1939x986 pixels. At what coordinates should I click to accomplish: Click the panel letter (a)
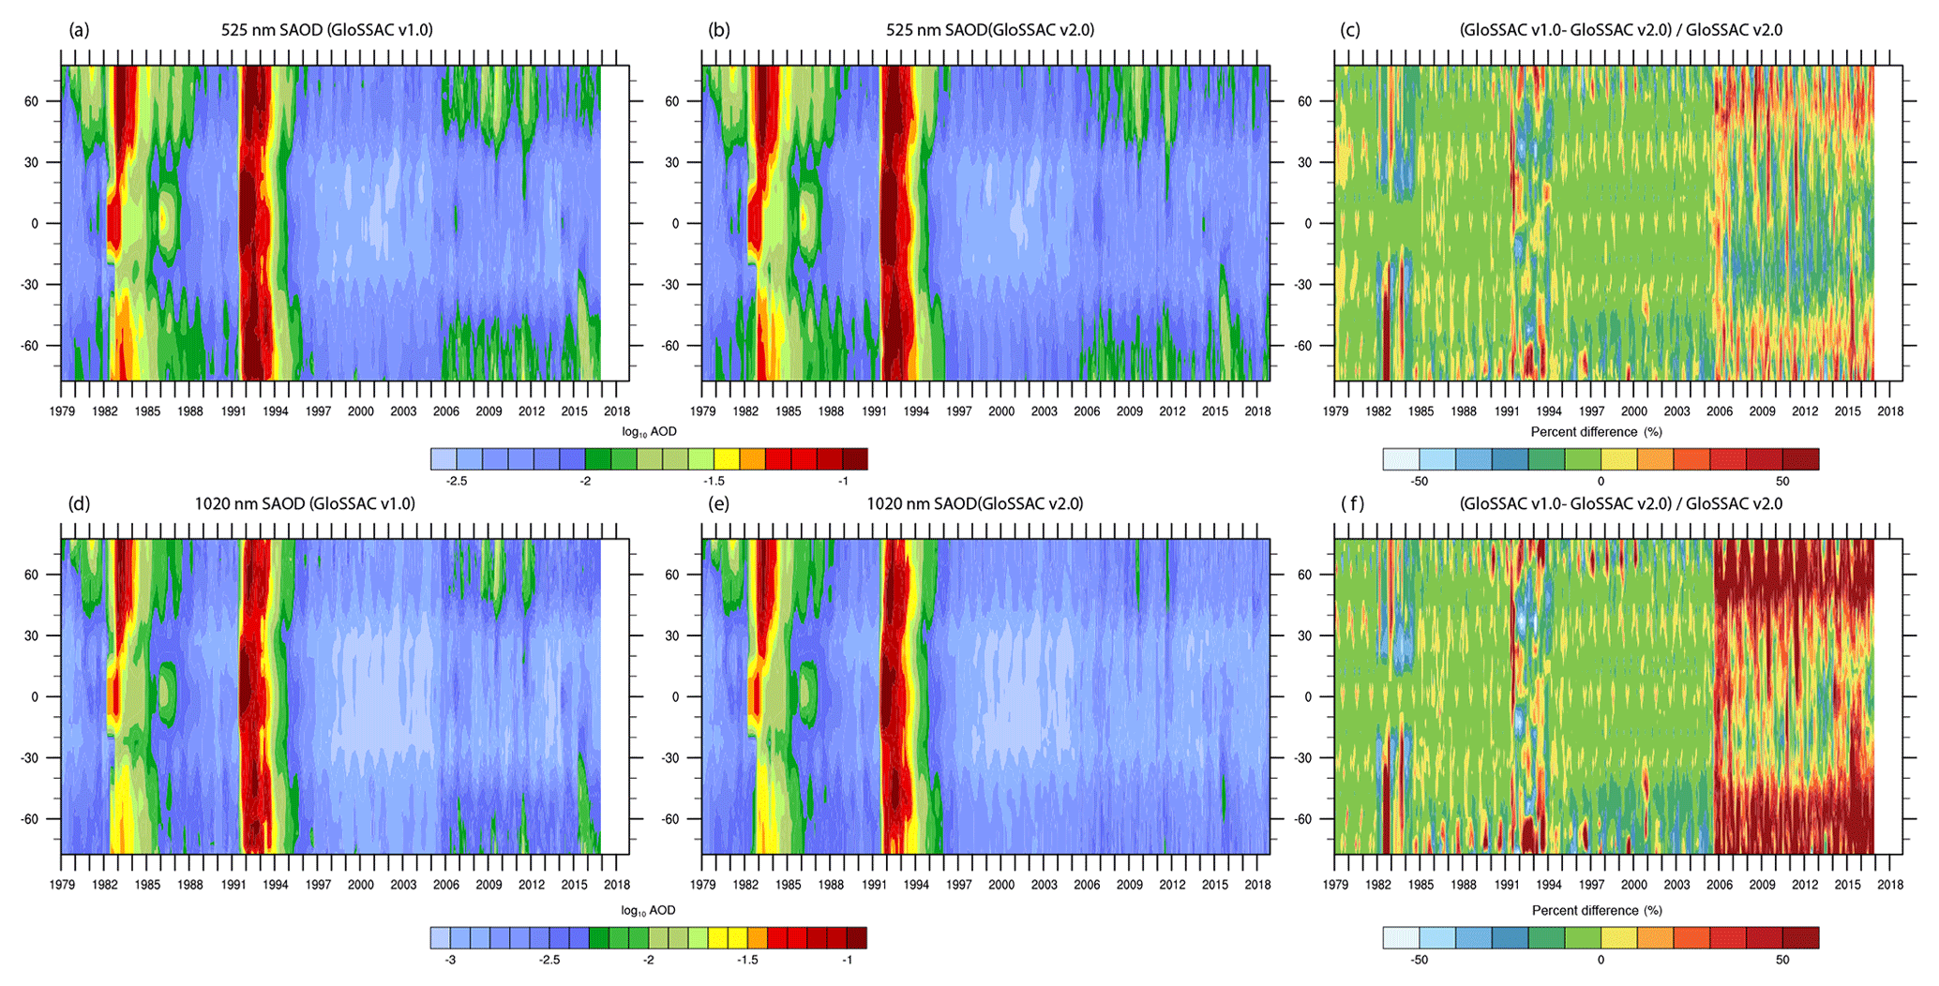[x=79, y=30]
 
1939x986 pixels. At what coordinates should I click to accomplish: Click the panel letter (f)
[x=1352, y=504]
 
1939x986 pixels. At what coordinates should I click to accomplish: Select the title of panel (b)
[x=990, y=30]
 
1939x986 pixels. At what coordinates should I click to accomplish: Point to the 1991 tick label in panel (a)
[x=233, y=411]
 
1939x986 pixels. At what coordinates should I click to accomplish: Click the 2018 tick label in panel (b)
[x=1256, y=411]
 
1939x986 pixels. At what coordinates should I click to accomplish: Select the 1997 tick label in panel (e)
[x=958, y=885]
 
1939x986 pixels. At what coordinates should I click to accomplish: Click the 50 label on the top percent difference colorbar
[x=1781, y=481]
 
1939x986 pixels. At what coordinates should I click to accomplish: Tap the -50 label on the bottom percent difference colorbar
[x=1419, y=960]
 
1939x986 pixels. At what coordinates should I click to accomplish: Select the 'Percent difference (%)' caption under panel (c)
[x=1597, y=432]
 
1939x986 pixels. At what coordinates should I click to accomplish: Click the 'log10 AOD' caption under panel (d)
[x=648, y=910]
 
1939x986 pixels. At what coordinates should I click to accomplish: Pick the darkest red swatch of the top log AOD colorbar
[x=854, y=458]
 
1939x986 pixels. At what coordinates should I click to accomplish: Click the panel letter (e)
[x=719, y=504]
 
